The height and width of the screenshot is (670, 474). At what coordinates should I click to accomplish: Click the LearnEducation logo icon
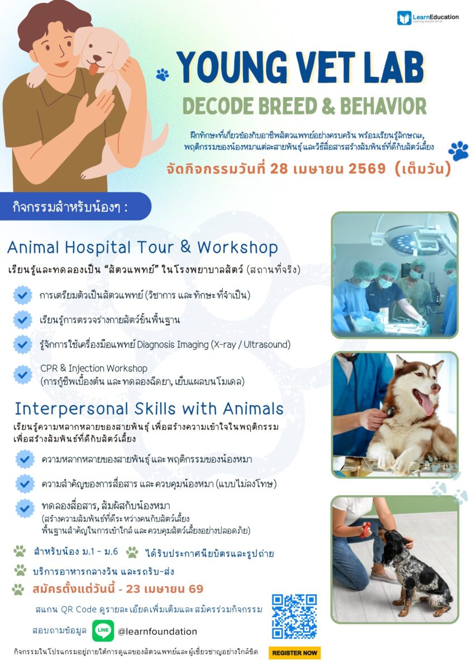(x=404, y=18)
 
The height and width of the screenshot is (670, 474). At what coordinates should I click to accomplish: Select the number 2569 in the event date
(x=367, y=169)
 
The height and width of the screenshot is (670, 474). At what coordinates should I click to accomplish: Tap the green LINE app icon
(x=103, y=630)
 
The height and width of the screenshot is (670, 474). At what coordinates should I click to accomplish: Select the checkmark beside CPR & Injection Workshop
(x=22, y=374)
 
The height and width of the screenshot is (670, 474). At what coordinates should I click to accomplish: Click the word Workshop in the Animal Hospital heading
(x=237, y=248)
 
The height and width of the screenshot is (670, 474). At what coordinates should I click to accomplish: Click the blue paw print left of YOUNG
(x=162, y=75)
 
